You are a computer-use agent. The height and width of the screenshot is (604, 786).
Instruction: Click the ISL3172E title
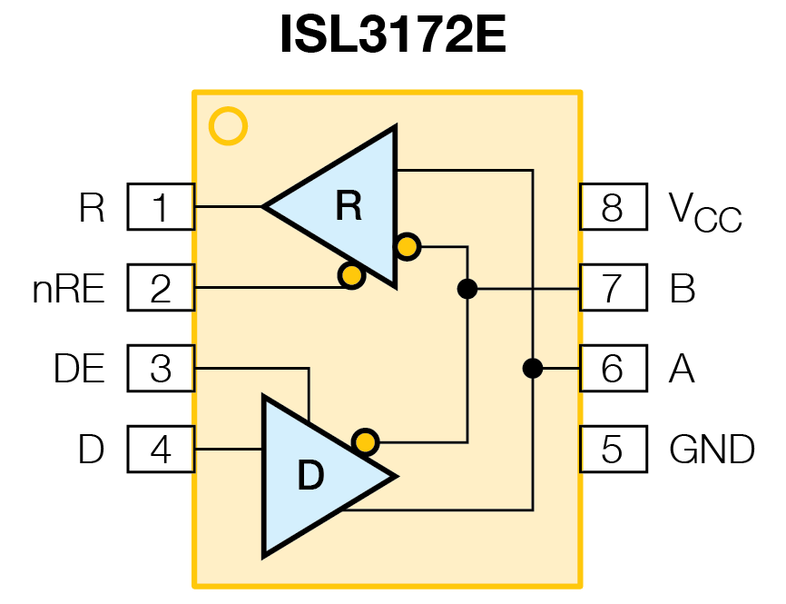click(392, 36)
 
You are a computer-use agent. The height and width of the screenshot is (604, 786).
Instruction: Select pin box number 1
click(161, 207)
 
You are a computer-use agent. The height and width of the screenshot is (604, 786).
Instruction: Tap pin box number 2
click(161, 288)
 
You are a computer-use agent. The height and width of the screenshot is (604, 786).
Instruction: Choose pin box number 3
click(161, 369)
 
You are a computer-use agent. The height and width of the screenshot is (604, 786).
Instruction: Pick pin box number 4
click(161, 450)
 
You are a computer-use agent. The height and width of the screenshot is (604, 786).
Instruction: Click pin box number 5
click(613, 450)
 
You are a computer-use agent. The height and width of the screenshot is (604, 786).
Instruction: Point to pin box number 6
click(613, 369)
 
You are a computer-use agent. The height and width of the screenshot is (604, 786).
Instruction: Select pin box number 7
click(613, 288)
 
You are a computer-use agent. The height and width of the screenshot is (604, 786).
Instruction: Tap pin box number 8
click(613, 207)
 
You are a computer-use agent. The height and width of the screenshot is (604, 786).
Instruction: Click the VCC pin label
click(704, 211)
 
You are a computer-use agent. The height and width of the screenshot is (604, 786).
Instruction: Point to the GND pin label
click(712, 450)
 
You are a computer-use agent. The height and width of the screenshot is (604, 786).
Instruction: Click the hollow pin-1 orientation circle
click(228, 126)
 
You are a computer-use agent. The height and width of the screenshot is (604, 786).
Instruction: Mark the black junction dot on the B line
click(467, 289)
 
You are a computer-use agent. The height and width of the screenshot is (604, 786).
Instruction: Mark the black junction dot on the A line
click(533, 369)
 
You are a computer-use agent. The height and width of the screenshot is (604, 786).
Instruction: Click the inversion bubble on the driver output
click(365, 442)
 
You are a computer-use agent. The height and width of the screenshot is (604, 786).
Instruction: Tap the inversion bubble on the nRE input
click(350, 274)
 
